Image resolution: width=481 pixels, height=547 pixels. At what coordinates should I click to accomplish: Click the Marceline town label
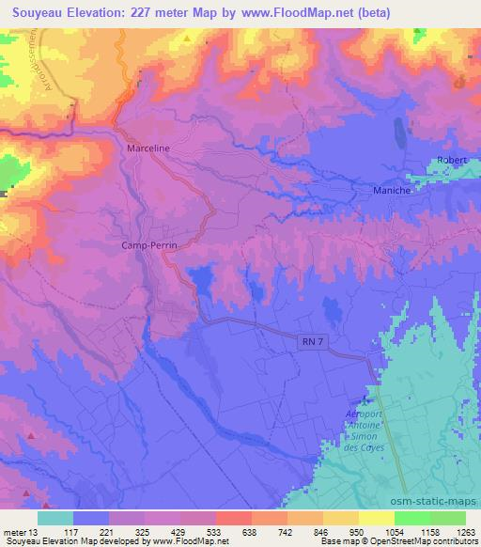[x=148, y=148]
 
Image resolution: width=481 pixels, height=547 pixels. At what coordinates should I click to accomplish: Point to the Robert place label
[x=452, y=161]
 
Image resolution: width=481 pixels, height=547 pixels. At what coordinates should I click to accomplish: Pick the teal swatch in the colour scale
[x=55, y=518]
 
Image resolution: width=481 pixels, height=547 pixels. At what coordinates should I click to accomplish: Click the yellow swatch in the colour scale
[x=377, y=518]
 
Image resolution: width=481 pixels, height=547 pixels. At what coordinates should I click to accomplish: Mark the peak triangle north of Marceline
[x=187, y=39]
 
